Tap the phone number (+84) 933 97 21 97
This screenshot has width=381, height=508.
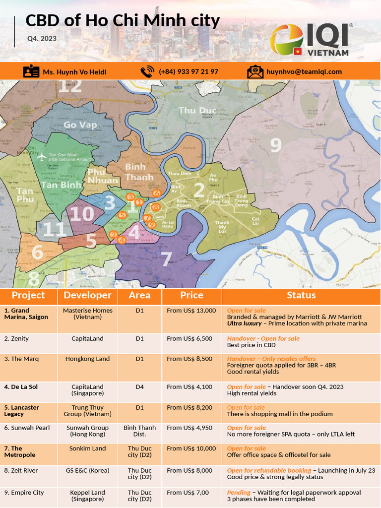click(189, 71)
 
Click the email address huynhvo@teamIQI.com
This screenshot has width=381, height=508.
click(304, 71)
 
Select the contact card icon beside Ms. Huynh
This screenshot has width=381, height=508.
click(31, 71)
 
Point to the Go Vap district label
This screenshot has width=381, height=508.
click(80, 125)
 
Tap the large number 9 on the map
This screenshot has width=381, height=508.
click(275, 145)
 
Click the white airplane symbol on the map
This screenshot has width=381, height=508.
click(41, 157)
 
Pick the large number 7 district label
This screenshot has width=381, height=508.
click(166, 257)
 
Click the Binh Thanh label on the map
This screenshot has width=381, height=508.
click(135, 172)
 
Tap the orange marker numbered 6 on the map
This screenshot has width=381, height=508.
click(156, 193)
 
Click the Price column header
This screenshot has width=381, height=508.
click(191, 295)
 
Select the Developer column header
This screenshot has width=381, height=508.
click(88, 295)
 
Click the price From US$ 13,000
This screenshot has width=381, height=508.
click(191, 311)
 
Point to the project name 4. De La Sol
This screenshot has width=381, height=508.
click(21, 387)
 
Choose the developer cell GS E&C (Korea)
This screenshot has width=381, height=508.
click(88, 470)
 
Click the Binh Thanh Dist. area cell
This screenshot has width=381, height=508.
click(139, 431)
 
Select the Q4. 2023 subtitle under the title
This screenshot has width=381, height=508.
click(42, 38)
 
